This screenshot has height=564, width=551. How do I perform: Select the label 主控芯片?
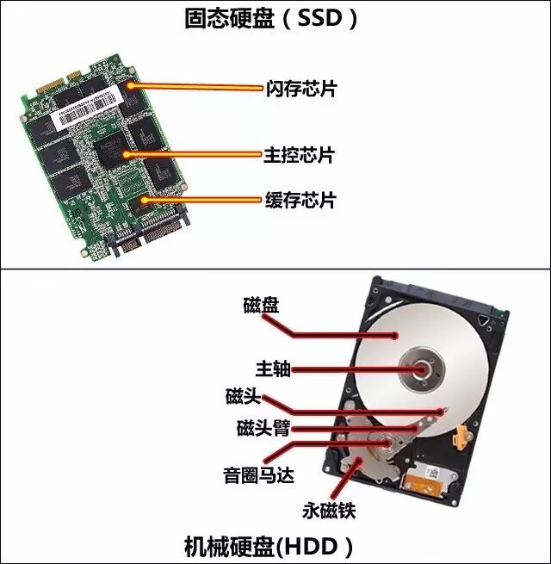[x=299, y=156]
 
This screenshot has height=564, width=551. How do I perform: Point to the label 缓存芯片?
[x=299, y=201]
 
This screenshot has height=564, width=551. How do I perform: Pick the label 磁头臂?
[x=263, y=428]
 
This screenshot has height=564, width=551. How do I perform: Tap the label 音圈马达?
[x=257, y=475]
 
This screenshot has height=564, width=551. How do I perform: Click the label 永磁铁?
[x=328, y=511]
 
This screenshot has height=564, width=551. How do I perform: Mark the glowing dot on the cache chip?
[x=144, y=200]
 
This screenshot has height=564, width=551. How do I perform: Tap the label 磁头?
[x=241, y=397]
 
